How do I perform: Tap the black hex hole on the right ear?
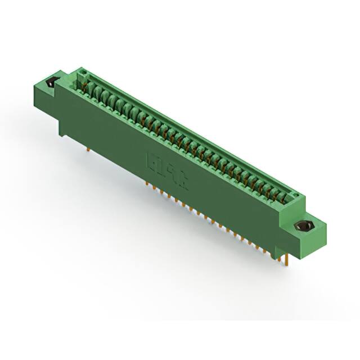coord(304,227)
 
